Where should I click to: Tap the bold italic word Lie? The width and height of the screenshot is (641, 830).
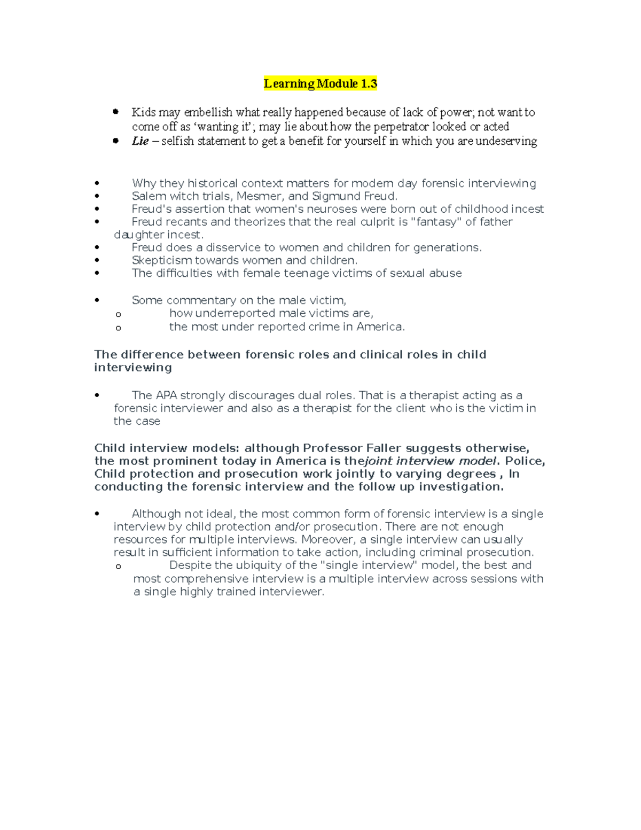[x=140, y=141]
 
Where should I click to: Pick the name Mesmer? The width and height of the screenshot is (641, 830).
[x=259, y=196]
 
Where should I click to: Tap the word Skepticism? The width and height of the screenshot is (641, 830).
[x=162, y=260]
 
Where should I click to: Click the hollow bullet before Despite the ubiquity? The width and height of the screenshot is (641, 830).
[x=119, y=567]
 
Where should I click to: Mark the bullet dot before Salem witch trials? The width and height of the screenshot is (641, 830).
[x=97, y=197]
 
